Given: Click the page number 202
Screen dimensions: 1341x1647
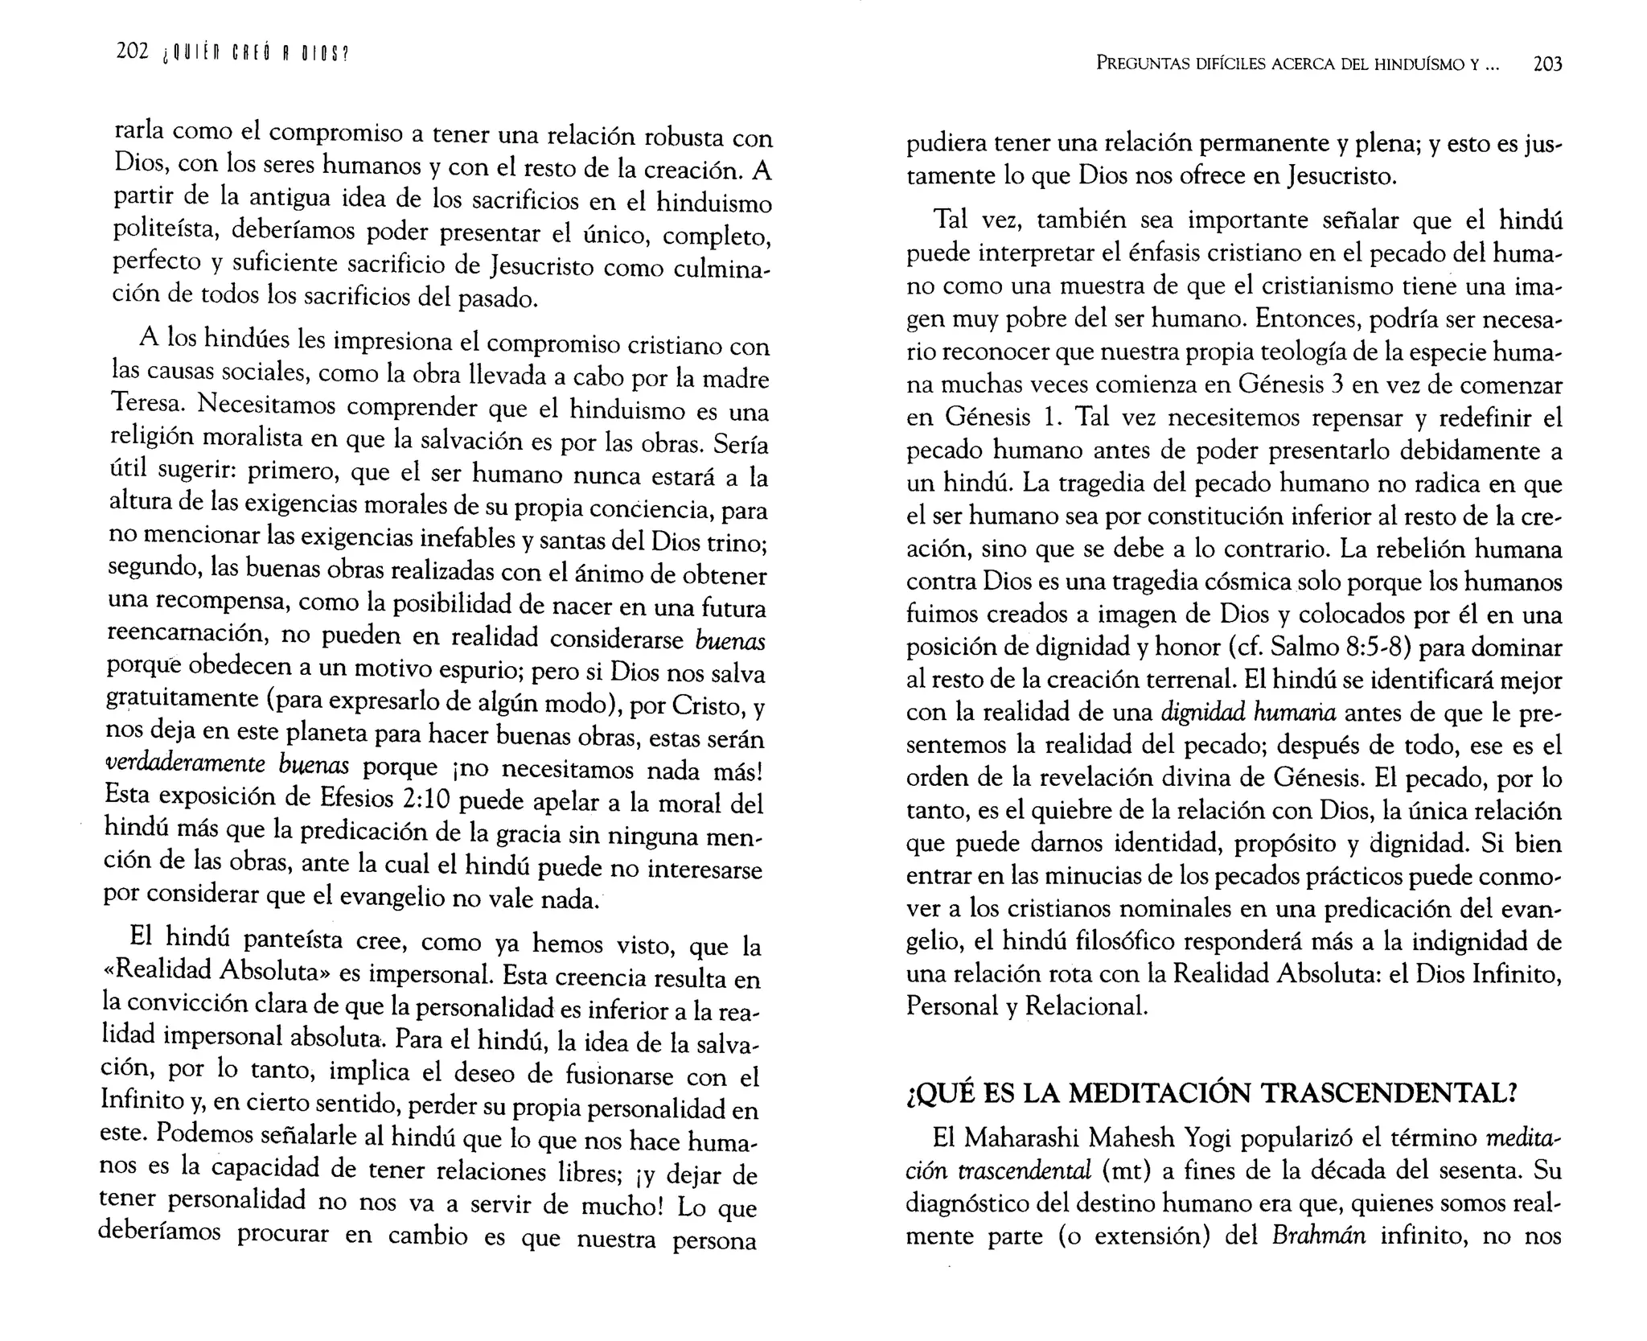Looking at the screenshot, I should click(x=132, y=52).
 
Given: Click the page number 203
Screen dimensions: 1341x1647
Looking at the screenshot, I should click(x=1547, y=64).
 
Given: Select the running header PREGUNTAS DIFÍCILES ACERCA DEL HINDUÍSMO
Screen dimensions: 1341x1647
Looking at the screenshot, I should click(x=1286, y=64).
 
